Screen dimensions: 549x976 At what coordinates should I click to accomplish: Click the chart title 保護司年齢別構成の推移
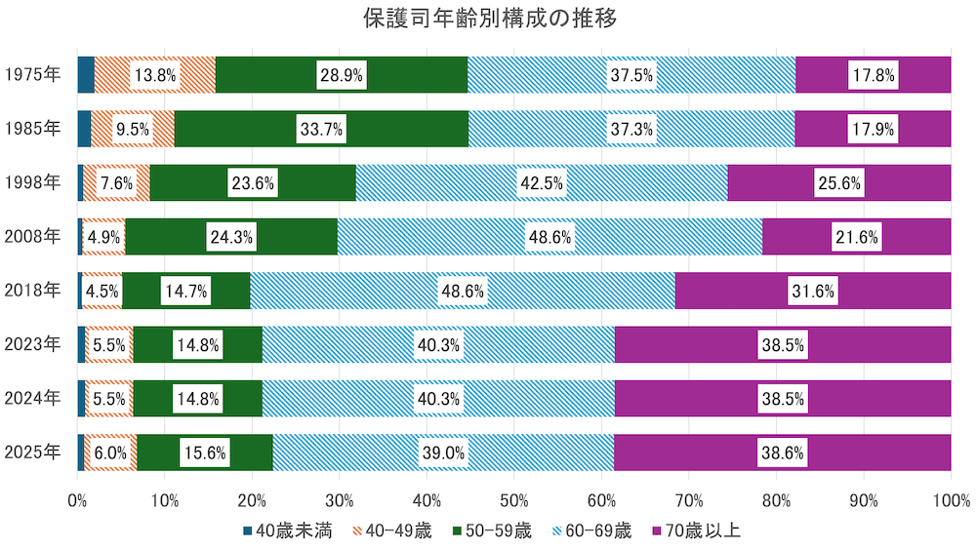coord(487,19)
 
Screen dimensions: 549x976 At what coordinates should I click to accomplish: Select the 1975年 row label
coord(31,74)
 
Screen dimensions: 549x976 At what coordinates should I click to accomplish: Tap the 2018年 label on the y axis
coord(31,290)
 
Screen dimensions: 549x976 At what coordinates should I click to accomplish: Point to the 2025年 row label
coord(31,451)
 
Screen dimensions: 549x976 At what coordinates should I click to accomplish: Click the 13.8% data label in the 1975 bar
coord(155,74)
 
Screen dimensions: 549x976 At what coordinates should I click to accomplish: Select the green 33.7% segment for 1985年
coord(321,129)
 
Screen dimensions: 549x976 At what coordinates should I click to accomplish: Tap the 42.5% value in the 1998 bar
coord(542,182)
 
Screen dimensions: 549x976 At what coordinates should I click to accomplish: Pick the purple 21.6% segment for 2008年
coord(856,236)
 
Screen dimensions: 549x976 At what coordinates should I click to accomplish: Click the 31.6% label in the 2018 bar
coord(812,291)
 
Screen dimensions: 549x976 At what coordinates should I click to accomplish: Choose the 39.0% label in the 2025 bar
coord(442,452)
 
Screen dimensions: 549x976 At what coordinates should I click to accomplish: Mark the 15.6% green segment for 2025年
coord(205,452)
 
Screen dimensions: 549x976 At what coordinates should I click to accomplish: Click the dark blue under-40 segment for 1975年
coord(86,74)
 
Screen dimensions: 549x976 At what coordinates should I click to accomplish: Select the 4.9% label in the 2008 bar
coord(103,236)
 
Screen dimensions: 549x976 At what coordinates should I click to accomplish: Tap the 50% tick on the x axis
coord(514,501)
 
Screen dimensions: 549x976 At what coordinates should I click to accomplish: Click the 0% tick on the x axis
coord(78,501)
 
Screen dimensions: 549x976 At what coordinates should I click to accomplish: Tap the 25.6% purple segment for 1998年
coord(839,182)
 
